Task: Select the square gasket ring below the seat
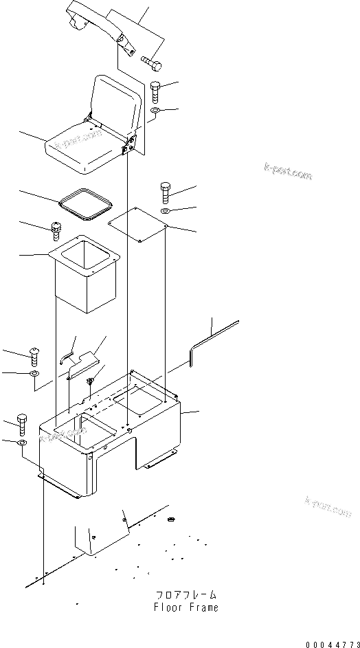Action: pyautogui.click(x=85, y=204)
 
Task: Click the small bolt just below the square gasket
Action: pyautogui.click(x=56, y=230)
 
